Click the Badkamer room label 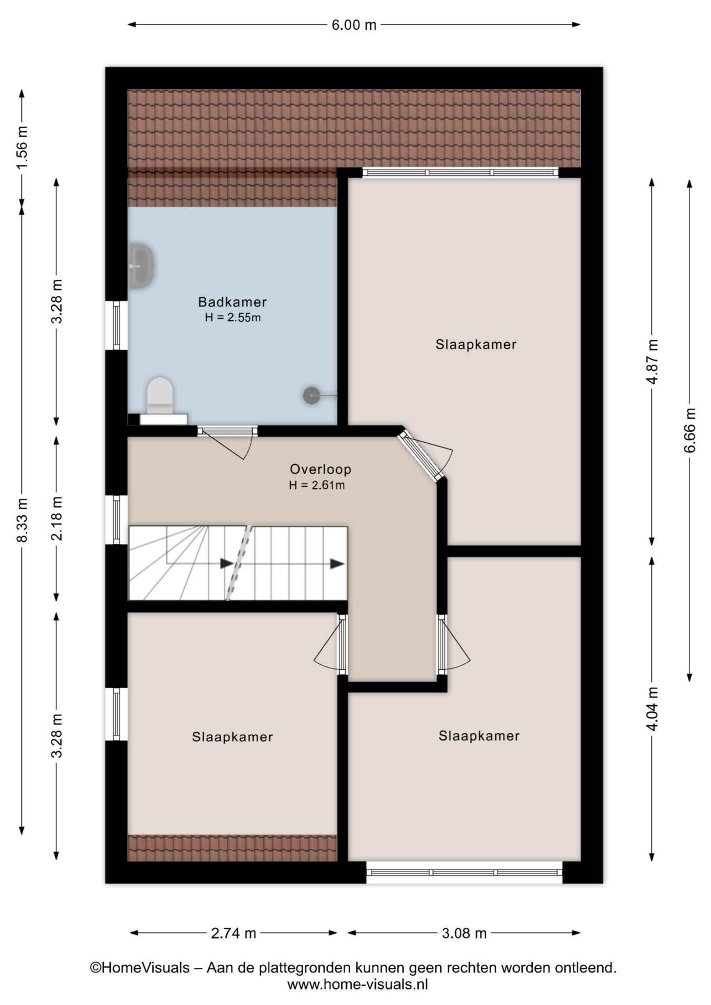pyautogui.click(x=232, y=302)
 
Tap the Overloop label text pyautogui.click(x=320, y=469)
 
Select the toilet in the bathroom pyautogui.click(x=160, y=395)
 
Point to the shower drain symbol pyautogui.click(x=311, y=396)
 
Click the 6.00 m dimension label pyautogui.click(x=354, y=25)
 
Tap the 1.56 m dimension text pyautogui.click(x=22, y=148)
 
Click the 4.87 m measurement pyautogui.click(x=652, y=362)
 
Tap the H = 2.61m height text pyautogui.click(x=317, y=485)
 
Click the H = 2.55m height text pyautogui.click(x=233, y=317)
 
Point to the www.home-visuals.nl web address pyautogui.click(x=358, y=985)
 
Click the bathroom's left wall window pyautogui.click(x=116, y=325)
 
